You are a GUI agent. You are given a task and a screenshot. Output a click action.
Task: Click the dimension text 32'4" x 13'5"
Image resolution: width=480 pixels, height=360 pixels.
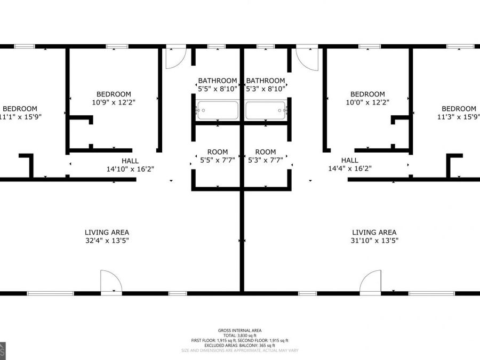[x=107, y=241]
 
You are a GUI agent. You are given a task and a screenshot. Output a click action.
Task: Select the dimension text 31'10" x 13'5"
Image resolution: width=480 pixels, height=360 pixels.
[x=374, y=241]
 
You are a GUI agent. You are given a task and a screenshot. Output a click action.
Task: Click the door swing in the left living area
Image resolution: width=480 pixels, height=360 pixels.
[x=111, y=281]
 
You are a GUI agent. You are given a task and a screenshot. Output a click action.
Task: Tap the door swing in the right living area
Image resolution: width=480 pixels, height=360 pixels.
[x=370, y=281]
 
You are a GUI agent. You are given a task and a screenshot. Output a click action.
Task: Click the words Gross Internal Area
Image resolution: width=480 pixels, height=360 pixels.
[x=239, y=330]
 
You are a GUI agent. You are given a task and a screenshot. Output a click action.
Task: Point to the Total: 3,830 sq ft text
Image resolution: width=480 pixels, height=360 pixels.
[x=239, y=335]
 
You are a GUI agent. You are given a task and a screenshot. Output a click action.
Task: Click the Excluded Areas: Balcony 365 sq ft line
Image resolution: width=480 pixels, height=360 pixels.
[x=239, y=345]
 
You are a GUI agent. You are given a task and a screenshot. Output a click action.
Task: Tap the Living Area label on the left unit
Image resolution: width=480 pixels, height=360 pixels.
[x=107, y=233]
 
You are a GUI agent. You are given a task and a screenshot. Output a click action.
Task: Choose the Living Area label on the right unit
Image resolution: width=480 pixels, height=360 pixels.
[x=374, y=233]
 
